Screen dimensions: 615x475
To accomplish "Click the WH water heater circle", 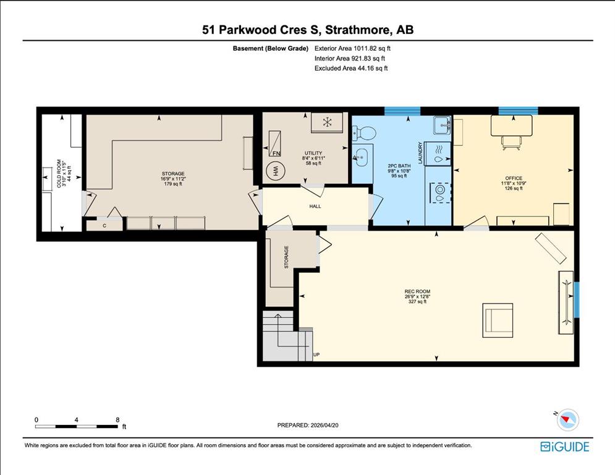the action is (x=275, y=171).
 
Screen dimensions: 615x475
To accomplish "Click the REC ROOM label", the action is (x=417, y=291).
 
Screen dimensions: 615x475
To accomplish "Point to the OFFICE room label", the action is (x=514, y=178).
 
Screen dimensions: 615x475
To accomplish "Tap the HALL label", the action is (x=315, y=206).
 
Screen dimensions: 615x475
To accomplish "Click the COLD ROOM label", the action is (x=59, y=173).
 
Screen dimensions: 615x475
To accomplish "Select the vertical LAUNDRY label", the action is (x=420, y=153).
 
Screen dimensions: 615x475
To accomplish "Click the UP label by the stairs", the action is (x=316, y=355).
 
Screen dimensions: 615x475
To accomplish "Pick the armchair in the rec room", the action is (x=498, y=320).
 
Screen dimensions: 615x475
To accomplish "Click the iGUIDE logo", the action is (x=564, y=447).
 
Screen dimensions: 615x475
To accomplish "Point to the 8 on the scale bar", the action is (x=117, y=420).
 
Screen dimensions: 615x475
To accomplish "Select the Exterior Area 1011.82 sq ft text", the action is (x=352, y=49).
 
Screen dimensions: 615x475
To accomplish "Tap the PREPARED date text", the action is (x=308, y=425).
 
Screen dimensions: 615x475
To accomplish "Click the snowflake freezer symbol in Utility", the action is (x=327, y=122).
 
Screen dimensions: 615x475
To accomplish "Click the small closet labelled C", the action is (x=104, y=225).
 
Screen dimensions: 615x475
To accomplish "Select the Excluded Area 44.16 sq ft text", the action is (x=351, y=68).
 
